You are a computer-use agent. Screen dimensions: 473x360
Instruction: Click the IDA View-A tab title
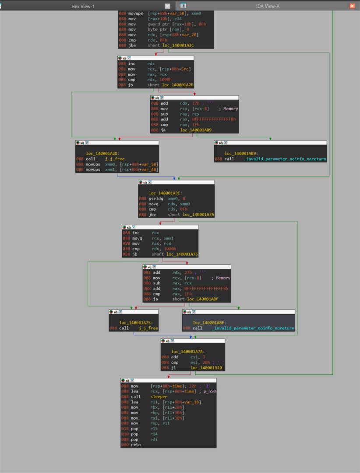268,6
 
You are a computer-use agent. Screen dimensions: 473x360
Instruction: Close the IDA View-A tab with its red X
352,6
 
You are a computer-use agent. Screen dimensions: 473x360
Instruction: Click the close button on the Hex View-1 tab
167,6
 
